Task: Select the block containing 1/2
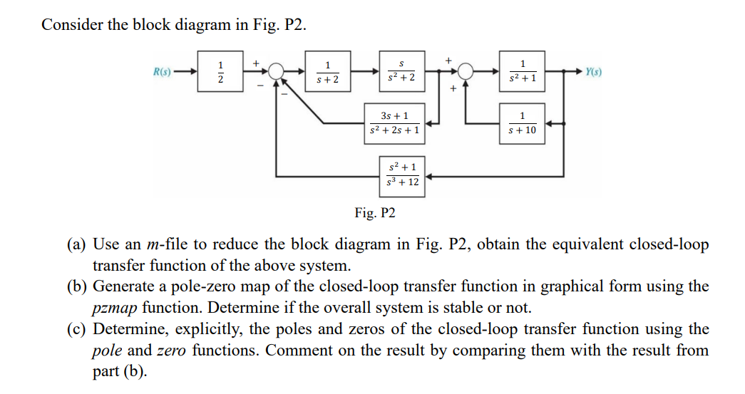click(x=220, y=72)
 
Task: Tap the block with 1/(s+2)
click(x=327, y=72)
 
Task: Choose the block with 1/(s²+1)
click(x=523, y=72)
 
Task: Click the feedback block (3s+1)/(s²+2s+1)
click(x=395, y=123)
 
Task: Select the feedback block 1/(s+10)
click(x=523, y=123)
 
